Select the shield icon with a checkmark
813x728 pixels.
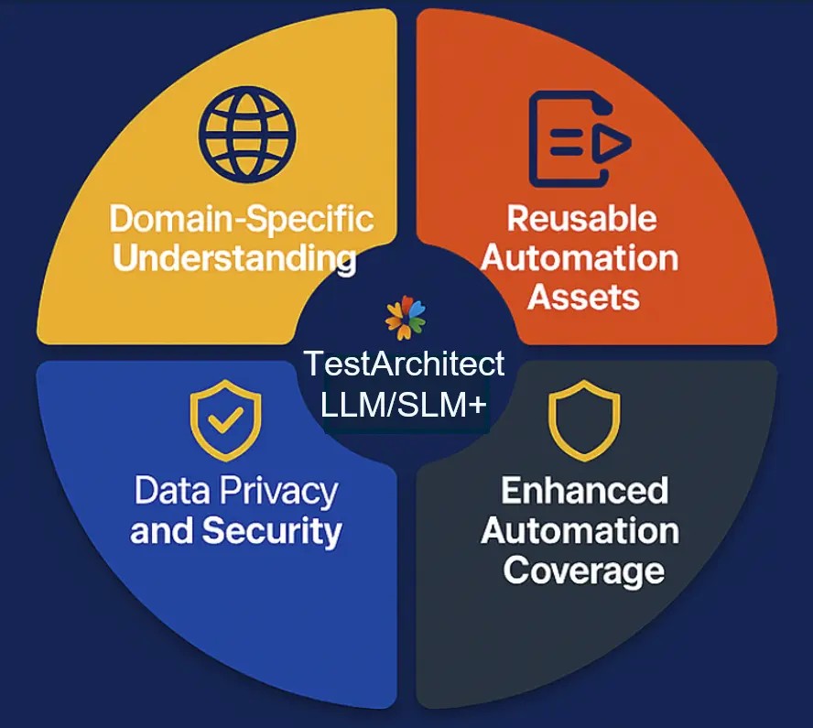pyautogui.click(x=225, y=423)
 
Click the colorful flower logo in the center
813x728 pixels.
pyautogui.click(x=406, y=318)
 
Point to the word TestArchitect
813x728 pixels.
pyautogui.click(x=404, y=364)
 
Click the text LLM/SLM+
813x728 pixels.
pyautogui.click(x=404, y=403)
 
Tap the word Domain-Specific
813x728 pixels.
pyautogui.click(x=242, y=220)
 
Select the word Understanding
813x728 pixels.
pyautogui.click(x=234, y=258)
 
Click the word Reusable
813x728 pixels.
pyautogui.click(x=582, y=219)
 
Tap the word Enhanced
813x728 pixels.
pyautogui.click(x=584, y=491)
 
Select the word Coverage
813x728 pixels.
pyautogui.click(x=584, y=570)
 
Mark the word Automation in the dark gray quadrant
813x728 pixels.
pyautogui.click(x=580, y=530)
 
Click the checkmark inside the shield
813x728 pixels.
pyautogui.click(x=224, y=421)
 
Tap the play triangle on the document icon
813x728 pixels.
pyautogui.click(x=614, y=142)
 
